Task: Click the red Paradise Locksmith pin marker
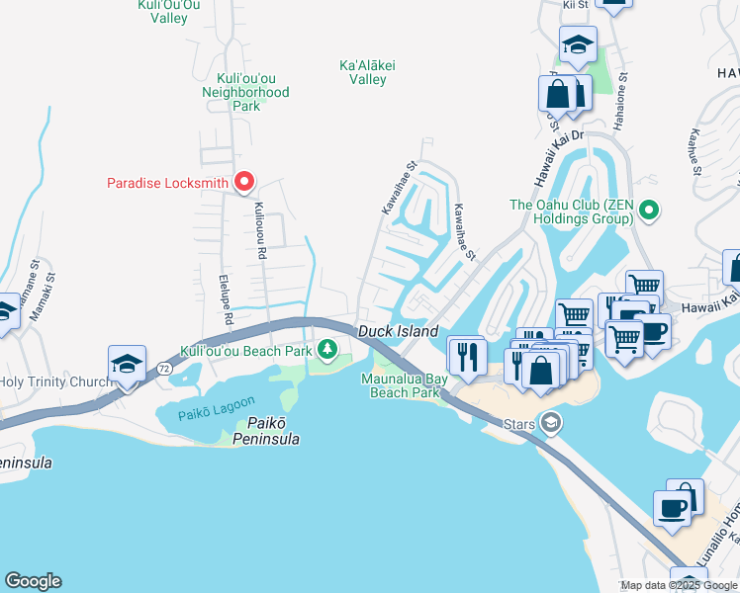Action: click(243, 182)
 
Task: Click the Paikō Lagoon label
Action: click(217, 407)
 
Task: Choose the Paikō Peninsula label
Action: click(267, 431)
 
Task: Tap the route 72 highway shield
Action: click(161, 368)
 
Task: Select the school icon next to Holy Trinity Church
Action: click(128, 363)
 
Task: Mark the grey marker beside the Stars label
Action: click(551, 424)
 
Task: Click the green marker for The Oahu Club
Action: click(649, 210)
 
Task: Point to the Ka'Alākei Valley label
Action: click(367, 72)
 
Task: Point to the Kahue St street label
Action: click(696, 151)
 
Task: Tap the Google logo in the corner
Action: click(33, 581)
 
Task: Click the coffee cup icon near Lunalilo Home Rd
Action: click(674, 508)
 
